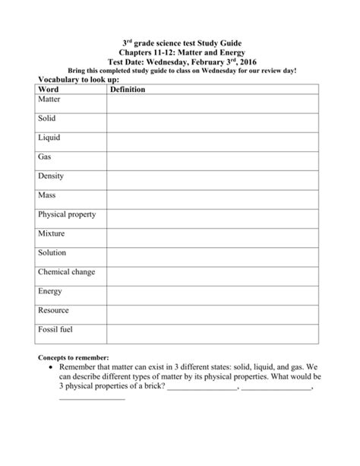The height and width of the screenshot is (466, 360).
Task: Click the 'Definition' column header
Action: [x=128, y=90]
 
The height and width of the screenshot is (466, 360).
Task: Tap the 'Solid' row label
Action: [x=46, y=119]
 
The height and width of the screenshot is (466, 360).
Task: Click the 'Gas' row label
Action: [x=44, y=157]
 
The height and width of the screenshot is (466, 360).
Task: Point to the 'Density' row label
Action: [x=51, y=176]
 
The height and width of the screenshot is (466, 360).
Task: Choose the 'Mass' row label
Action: [x=46, y=195]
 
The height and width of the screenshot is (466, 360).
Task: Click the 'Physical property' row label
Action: [x=67, y=214]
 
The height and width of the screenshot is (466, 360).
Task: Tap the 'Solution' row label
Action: [x=52, y=252]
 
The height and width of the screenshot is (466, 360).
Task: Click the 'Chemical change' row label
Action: [x=66, y=271]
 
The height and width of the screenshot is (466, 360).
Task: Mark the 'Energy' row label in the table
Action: [x=49, y=290]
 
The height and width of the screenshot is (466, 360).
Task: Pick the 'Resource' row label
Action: [x=53, y=310]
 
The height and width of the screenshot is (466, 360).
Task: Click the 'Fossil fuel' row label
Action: [x=55, y=329]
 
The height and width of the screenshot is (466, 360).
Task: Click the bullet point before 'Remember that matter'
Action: [x=50, y=366]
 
